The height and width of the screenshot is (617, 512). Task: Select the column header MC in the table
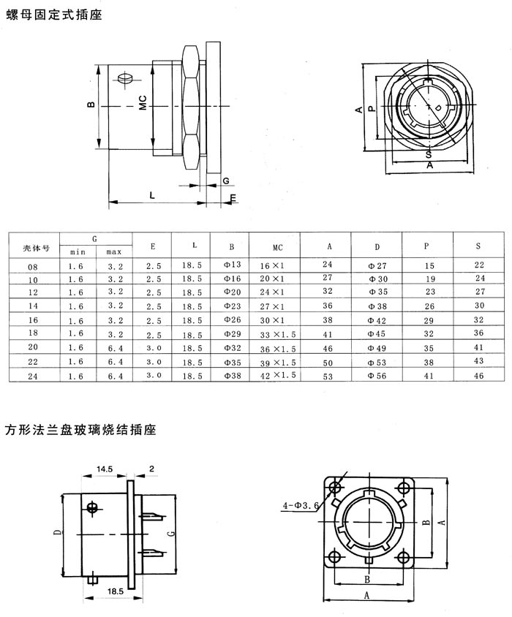point(277,246)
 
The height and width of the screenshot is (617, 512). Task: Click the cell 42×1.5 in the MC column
point(276,375)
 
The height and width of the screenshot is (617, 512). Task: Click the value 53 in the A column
point(327,375)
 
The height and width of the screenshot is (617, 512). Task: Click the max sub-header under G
point(114,252)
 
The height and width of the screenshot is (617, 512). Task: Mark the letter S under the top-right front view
point(427,154)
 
